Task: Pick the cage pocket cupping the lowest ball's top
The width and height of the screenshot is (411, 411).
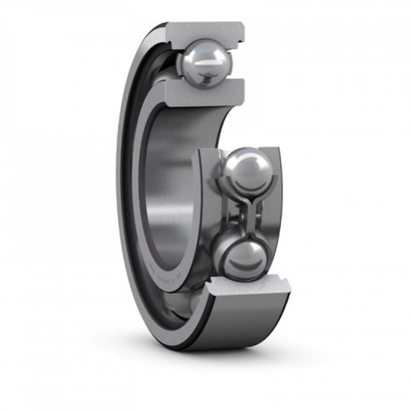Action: click(241, 234)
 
